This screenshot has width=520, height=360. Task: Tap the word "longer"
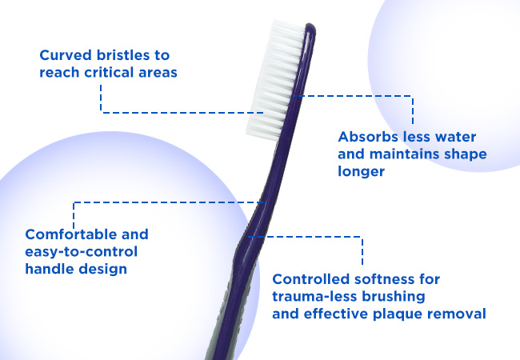[x=361, y=172]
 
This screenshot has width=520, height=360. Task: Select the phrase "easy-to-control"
[x=82, y=252]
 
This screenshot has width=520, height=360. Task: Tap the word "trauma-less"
[x=314, y=296]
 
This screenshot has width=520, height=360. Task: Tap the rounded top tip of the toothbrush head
[x=310, y=25]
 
